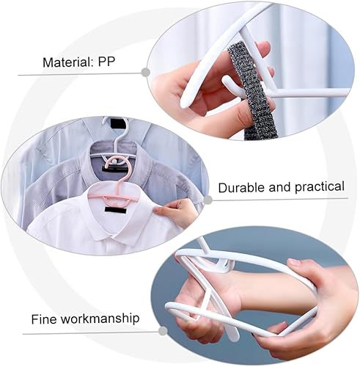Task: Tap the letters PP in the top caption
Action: (106, 62)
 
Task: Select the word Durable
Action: (242, 188)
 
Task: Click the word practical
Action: (320, 187)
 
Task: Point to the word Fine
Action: (44, 319)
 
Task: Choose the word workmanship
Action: (100, 319)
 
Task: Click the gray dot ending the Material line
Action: (146, 72)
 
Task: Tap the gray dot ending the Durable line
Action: (207, 200)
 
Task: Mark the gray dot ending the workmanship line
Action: (163, 331)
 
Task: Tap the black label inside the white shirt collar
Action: (116, 210)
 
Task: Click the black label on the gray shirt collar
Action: (115, 169)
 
